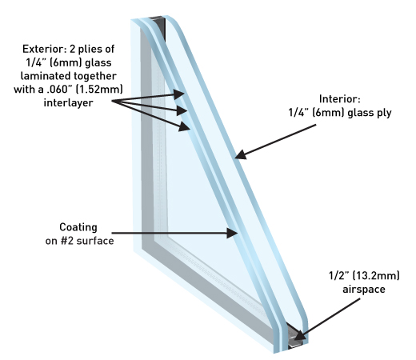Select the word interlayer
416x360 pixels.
pos(68,102)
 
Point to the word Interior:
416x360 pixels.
pos(340,99)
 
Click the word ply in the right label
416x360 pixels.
pos(384,113)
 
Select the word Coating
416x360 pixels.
pos(78,227)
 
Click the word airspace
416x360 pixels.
pos(364,290)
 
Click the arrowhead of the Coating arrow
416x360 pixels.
pos(232,233)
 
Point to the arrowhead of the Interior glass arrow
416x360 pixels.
pos(241,154)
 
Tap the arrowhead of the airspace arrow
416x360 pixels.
pos(299,335)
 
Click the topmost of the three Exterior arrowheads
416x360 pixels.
pos(179,94)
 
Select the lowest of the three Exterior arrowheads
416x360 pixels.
pos(185,126)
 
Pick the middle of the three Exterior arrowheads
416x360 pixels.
pos(182,110)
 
